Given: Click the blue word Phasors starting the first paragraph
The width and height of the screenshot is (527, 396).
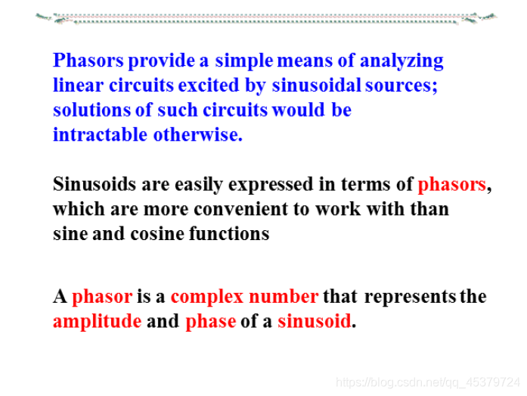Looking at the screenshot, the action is click(88, 61).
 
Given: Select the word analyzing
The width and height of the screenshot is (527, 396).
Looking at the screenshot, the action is click(401, 61).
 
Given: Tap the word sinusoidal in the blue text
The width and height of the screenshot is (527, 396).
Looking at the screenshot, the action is click(316, 86).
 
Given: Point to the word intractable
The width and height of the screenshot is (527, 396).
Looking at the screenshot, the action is click(100, 135).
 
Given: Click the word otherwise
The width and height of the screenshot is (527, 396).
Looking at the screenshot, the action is click(198, 135).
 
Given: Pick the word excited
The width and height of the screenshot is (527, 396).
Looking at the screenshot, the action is click(209, 86).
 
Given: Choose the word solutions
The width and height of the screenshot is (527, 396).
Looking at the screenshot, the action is click(91, 110).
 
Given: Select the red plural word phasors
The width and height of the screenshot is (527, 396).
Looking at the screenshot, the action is click(451, 185).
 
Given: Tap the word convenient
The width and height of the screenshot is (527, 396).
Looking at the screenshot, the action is click(241, 209).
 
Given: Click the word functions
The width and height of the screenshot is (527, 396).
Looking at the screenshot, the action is click(229, 234).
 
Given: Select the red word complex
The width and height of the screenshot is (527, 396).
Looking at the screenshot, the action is click(206, 297).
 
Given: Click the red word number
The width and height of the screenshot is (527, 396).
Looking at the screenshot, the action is click(284, 296).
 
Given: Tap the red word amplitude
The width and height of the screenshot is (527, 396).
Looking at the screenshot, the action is click(97, 322).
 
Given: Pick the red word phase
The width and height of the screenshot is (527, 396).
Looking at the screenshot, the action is click(211, 322).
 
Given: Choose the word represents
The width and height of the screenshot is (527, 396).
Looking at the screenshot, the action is click(410, 297).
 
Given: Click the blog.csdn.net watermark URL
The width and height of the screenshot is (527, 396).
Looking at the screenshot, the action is click(427, 382).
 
